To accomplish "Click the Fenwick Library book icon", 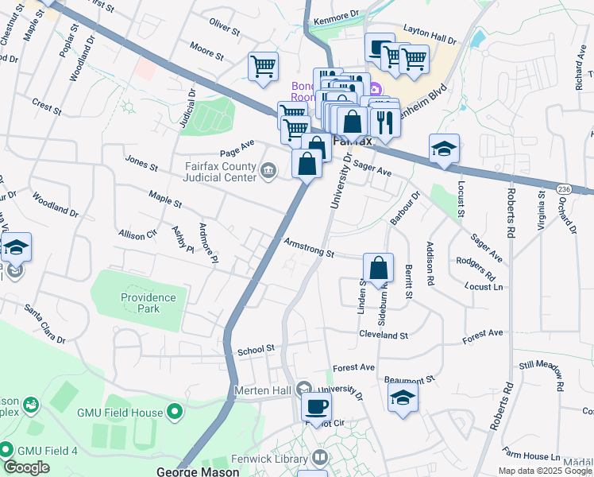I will pos(318,458).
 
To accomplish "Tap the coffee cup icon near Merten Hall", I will pos(317,406).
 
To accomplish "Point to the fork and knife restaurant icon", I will pos(384,122).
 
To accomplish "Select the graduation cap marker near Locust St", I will pos(444,148).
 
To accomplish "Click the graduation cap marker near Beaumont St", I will pos(403,398).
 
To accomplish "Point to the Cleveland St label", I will pos(382,335).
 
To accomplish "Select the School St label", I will pos(256,348).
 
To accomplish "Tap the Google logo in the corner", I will pos(26,467).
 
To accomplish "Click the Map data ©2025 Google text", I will pos(545,471).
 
